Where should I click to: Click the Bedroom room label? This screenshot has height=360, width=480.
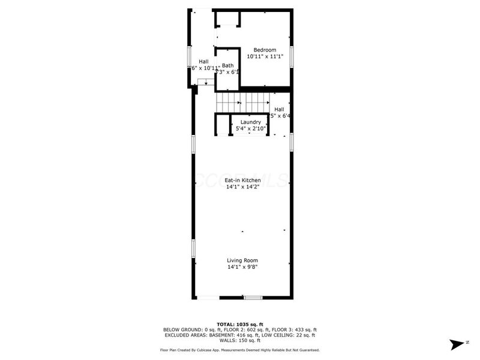[x=265, y=50]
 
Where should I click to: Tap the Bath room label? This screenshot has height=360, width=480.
[x=228, y=65]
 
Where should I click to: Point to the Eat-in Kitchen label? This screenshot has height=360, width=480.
[x=242, y=180]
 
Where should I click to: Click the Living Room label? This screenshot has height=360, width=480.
[x=242, y=260]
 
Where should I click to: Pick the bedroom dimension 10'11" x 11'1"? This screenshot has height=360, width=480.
[x=265, y=56]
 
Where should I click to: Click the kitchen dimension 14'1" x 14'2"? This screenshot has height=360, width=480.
[x=242, y=187]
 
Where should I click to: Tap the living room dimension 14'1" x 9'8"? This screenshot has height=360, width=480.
[x=242, y=267]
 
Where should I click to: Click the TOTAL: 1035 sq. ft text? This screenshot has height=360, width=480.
[x=240, y=324]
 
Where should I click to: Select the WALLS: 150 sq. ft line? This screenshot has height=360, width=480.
[x=240, y=340]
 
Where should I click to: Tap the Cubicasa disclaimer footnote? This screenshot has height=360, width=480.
[x=240, y=350]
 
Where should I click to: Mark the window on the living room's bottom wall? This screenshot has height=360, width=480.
[x=253, y=298]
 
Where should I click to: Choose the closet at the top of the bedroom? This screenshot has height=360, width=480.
[x=228, y=18]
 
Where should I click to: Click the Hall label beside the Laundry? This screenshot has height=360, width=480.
[x=280, y=109]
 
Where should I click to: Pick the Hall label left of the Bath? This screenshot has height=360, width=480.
[x=204, y=61]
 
